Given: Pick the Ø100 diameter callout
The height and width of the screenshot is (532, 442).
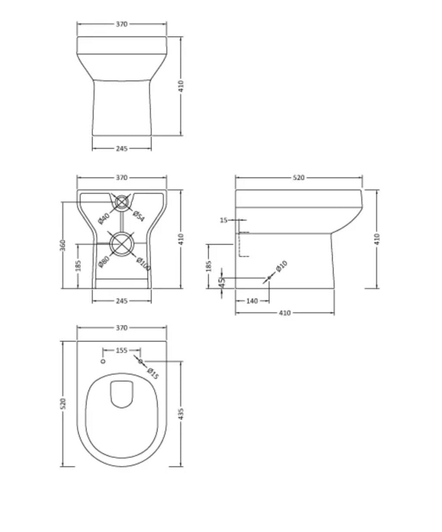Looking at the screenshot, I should pyautogui.click(x=143, y=264).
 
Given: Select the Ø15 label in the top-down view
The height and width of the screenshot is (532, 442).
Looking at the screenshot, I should pyautogui.click(x=153, y=373).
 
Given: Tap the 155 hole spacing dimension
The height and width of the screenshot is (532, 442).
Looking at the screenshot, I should pyautogui.click(x=122, y=350).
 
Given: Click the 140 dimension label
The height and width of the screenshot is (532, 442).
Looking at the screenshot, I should pyautogui.click(x=252, y=301).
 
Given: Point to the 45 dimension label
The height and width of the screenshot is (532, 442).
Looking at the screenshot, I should pyautogui.click(x=221, y=282).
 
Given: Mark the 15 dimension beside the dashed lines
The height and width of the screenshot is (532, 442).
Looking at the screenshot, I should pyautogui.click(x=224, y=220).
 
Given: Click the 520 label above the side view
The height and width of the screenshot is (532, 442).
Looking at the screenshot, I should pyautogui.click(x=299, y=177).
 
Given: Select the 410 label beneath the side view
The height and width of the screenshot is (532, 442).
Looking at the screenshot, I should pyautogui.click(x=284, y=313).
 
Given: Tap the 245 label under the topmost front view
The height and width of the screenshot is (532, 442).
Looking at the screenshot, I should pyautogui.click(x=122, y=148).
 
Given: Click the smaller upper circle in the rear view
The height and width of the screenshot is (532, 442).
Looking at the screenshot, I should pyautogui.click(x=123, y=202).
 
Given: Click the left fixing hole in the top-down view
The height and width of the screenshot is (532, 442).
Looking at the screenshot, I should pyautogui.click(x=103, y=361).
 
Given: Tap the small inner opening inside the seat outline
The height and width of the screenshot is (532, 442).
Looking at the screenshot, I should pyautogui.click(x=121, y=394).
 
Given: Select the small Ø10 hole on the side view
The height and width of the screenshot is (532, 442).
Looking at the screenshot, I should pyautogui.click(x=269, y=277).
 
